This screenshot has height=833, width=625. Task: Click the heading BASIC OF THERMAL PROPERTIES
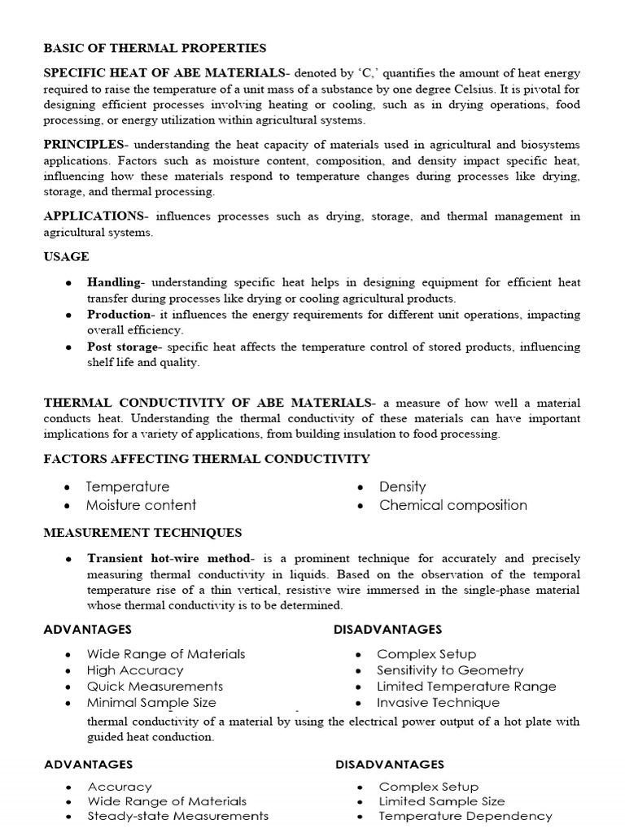tap(155, 49)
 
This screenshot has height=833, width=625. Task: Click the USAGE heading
tap(66, 257)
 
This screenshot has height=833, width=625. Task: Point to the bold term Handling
tap(114, 282)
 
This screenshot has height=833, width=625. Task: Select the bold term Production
tap(120, 315)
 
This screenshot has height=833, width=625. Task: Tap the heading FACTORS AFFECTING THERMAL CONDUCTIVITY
tap(206, 460)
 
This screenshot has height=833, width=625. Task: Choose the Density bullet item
tap(402, 487)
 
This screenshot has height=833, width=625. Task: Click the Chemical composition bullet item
tap(452, 505)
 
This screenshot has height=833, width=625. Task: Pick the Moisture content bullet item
tap(141, 505)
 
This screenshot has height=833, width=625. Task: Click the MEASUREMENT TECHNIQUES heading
tap(142, 534)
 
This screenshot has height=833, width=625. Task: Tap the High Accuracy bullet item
tap(135, 671)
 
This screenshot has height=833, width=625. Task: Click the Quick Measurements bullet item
tap(155, 687)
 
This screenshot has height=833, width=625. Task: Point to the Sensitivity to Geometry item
tap(449, 671)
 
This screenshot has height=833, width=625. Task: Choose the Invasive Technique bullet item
tap(438, 703)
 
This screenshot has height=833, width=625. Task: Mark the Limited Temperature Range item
tap(466, 687)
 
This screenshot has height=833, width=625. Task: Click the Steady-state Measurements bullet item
tap(177, 816)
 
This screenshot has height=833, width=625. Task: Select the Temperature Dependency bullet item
tap(465, 816)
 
